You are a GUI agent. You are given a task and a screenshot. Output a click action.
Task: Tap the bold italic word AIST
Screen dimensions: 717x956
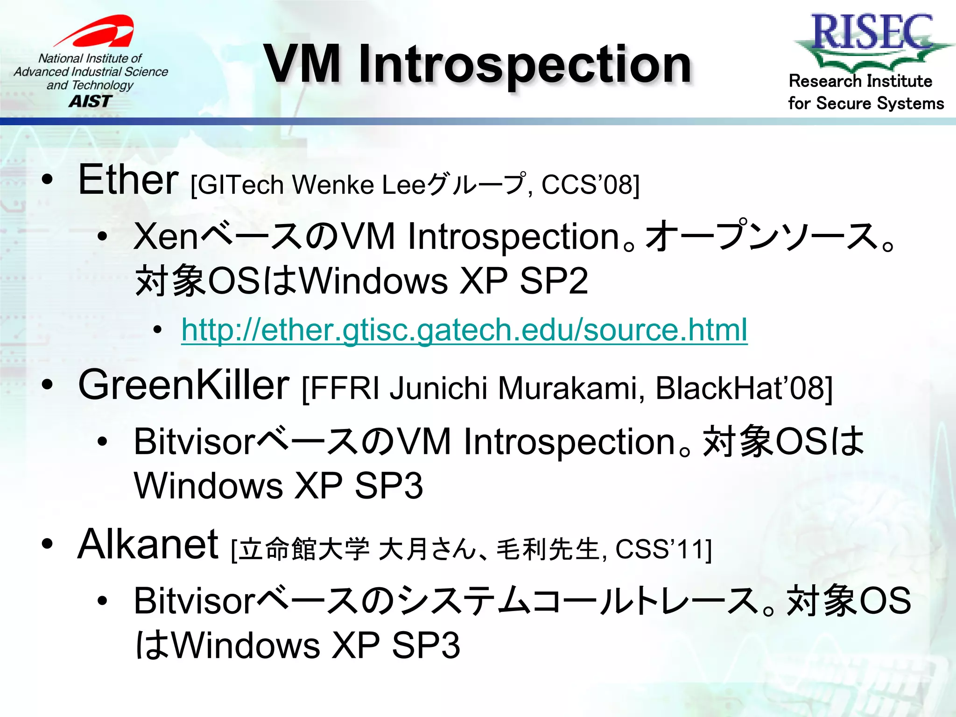[x=91, y=101]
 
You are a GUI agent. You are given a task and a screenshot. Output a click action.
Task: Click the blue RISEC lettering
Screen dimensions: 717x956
[x=872, y=32]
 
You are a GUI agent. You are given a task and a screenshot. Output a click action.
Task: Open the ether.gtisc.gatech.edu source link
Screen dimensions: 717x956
[x=464, y=330]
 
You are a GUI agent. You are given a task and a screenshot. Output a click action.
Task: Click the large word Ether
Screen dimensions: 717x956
[x=128, y=180]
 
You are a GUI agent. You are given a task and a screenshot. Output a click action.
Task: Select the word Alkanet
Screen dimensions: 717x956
[x=148, y=544]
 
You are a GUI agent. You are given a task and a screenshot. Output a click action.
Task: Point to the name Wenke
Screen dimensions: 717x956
[x=333, y=185]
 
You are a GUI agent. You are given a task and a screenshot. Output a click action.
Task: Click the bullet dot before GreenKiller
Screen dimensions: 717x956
[x=47, y=385]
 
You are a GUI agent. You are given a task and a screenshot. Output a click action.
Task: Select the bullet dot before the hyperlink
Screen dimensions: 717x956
[x=157, y=330]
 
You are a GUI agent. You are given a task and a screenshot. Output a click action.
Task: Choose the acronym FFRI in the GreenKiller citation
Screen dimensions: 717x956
[x=344, y=388]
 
